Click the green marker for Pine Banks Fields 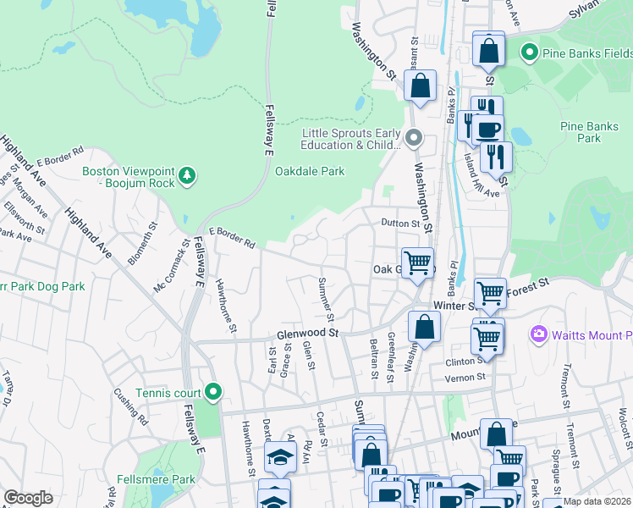pyautogui.click(x=531, y=53)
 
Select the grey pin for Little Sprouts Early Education pyautogui.click(x=414, y=137)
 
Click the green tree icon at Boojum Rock pyautogui.click(x=187, y=176)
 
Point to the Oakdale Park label pyautogui.click(x=310, y=171)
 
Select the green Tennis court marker pyautogui.click(x=213, y=391)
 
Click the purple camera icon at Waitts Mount pyautogui.click(x=538, y=335)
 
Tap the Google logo pyautogui.click(x=28, y=498)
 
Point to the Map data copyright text pyautogui.click(x=597, y=501)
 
